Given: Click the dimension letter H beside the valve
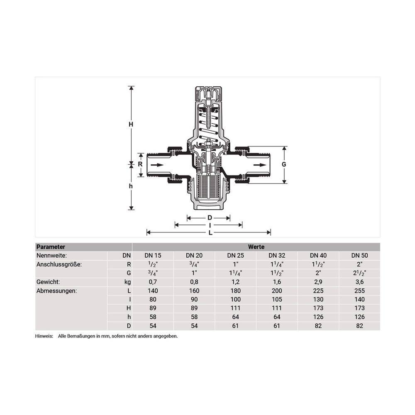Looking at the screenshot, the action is [131, 124].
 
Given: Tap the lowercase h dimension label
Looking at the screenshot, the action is [131, 186].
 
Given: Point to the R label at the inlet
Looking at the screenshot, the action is [140, 164].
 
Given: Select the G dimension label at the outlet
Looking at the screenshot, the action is [284, 164].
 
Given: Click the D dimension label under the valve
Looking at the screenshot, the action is [210, 218].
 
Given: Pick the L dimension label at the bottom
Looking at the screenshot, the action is [210, 233].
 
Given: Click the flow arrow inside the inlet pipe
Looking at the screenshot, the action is [157, 165].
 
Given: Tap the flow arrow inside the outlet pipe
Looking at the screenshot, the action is [260, 165].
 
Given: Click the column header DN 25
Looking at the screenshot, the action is [236, 255].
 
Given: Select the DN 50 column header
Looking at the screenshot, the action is [359, 255].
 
